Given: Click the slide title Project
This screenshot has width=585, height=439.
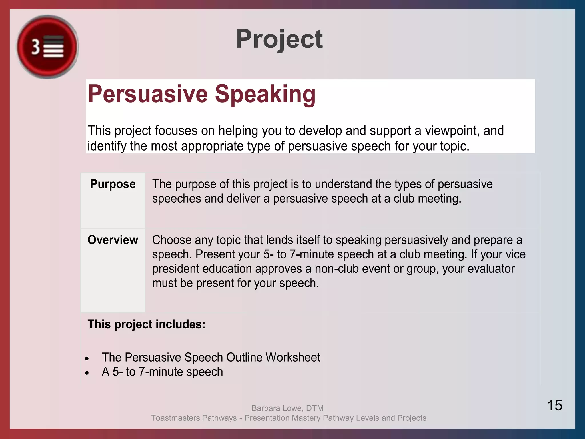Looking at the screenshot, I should [x=279, y=39].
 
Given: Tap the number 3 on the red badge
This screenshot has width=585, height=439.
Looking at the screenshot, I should [x=36, y=47].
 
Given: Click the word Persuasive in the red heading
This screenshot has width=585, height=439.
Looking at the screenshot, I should [x=148, y=94].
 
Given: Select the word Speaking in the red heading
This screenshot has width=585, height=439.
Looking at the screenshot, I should [x=265, y=94].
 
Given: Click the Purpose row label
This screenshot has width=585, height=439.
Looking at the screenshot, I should [x=113, y=184].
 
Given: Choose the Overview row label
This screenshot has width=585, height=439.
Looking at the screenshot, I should [x=113, y=240].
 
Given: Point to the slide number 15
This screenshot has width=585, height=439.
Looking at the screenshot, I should [x=554, y=405].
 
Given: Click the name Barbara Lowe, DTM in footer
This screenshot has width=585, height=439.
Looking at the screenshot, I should [x=287, y=408].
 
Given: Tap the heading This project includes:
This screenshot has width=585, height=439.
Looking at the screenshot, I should [x=146, y=324].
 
